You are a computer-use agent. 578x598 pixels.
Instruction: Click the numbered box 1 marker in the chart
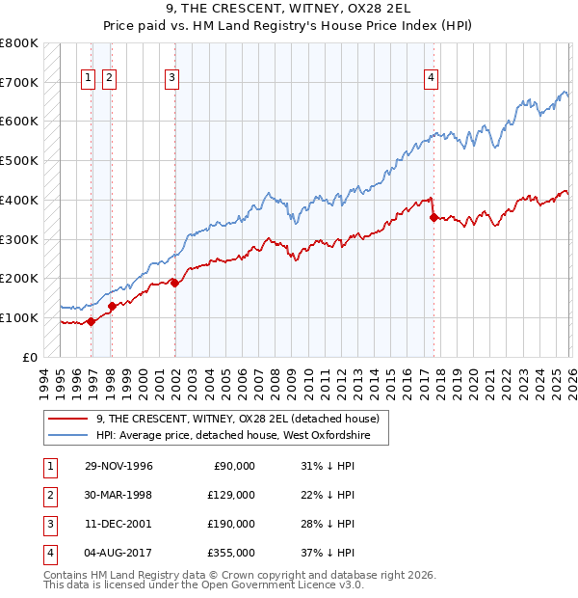89,79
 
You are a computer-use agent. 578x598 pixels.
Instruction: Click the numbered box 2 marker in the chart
109,79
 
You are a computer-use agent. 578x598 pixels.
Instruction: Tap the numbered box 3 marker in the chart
171,79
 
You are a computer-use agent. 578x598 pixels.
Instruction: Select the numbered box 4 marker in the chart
431,79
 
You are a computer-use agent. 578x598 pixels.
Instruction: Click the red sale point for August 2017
433,218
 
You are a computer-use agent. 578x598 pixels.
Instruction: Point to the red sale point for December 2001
174,283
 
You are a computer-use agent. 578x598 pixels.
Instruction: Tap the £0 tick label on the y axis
29,357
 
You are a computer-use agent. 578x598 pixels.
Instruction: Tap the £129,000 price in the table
231,495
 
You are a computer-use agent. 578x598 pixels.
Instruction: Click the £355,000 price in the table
231,553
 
